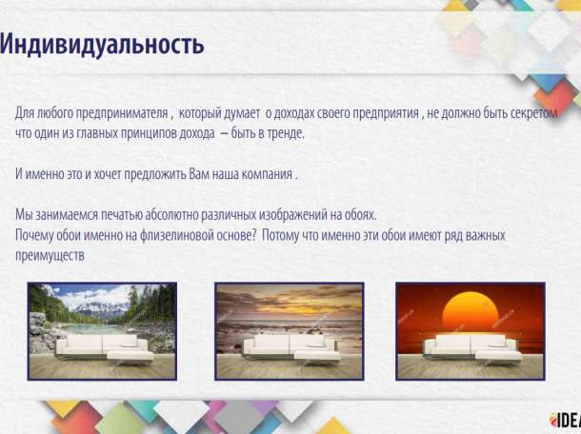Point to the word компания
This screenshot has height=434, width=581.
pos(268,175)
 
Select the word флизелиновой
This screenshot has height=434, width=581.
pos(153,234)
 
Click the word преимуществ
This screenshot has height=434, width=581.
pos(50,255)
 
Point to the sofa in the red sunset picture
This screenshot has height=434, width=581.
pos(471,346)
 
